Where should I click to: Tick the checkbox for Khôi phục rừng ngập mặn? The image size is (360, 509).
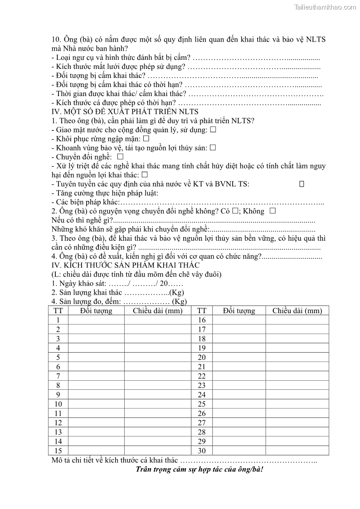(146, 139)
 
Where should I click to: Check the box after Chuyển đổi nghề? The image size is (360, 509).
(120, 156)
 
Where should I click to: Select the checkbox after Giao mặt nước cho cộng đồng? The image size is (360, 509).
(213, 130)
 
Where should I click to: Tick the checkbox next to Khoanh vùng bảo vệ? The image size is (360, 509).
(213, 148)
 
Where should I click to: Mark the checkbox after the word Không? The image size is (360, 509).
(272, 211)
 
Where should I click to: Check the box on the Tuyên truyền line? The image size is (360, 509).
(302, 184)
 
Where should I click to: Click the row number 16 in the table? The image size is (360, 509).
(202, 320)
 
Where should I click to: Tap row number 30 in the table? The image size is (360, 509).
(202, 451)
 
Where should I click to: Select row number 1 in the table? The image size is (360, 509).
(58, 320)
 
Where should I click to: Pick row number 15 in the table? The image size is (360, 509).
(58, 451)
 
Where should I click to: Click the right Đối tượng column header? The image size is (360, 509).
(239, 310)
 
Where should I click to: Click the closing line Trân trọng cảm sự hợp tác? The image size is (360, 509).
(199, 469)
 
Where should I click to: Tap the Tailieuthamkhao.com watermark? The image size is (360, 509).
(325, 7)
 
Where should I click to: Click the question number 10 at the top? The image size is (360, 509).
(56, 39)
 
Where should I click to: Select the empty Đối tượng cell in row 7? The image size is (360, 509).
(96, 376)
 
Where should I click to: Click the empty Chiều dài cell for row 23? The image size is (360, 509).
(297, 385)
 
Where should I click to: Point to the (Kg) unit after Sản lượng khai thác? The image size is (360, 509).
(176, 293)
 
